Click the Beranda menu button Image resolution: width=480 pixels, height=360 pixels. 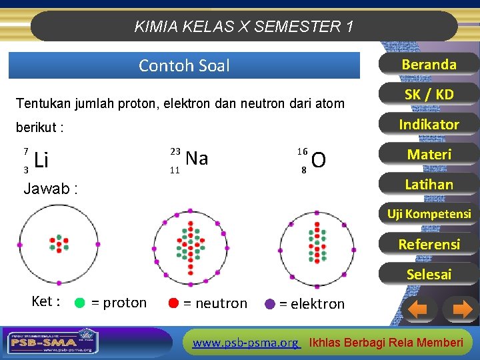coord(429,65)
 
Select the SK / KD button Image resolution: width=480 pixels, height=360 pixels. coord(429,95)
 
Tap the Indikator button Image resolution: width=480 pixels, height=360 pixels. coord(429,125)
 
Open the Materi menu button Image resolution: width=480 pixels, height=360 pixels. coord(429,155)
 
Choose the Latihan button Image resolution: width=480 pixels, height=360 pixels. coord(429,185)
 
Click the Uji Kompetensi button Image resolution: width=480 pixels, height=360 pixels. coord(429,214)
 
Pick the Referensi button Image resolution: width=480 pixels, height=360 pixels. coord(429,244)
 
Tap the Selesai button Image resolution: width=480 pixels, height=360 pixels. coord(429,274)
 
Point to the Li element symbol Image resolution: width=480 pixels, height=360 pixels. coord(41,161)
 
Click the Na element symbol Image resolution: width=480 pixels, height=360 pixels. coord(197,159)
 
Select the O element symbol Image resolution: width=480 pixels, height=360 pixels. coord(319,161)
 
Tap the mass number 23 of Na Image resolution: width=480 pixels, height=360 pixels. coord(175,151)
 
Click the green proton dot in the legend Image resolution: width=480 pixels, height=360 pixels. coord(79,303)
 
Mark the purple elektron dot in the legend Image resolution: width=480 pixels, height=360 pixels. coord(270,303)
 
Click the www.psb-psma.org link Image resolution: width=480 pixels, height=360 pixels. coord(245,343)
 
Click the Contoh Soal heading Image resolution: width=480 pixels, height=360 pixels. coord(184,65)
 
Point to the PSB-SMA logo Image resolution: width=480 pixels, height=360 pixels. coord(50,341)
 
